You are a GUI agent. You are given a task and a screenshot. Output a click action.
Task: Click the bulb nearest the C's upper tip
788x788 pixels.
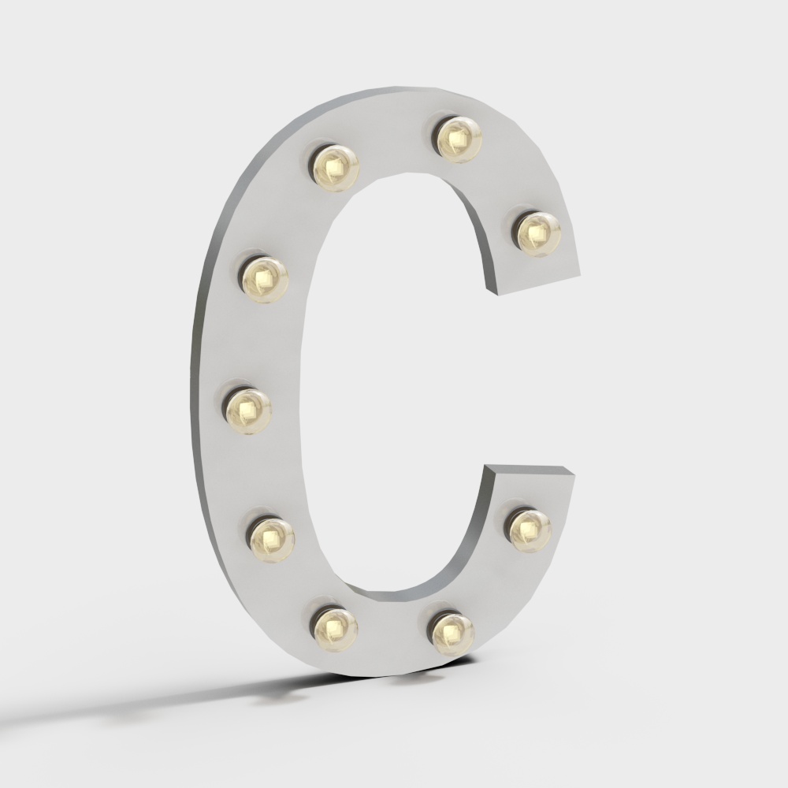[539, 232]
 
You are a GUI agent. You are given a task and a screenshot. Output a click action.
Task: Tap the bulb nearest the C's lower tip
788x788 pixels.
[529, 529]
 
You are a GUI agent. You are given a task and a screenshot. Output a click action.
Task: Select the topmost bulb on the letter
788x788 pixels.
[457, 139]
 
